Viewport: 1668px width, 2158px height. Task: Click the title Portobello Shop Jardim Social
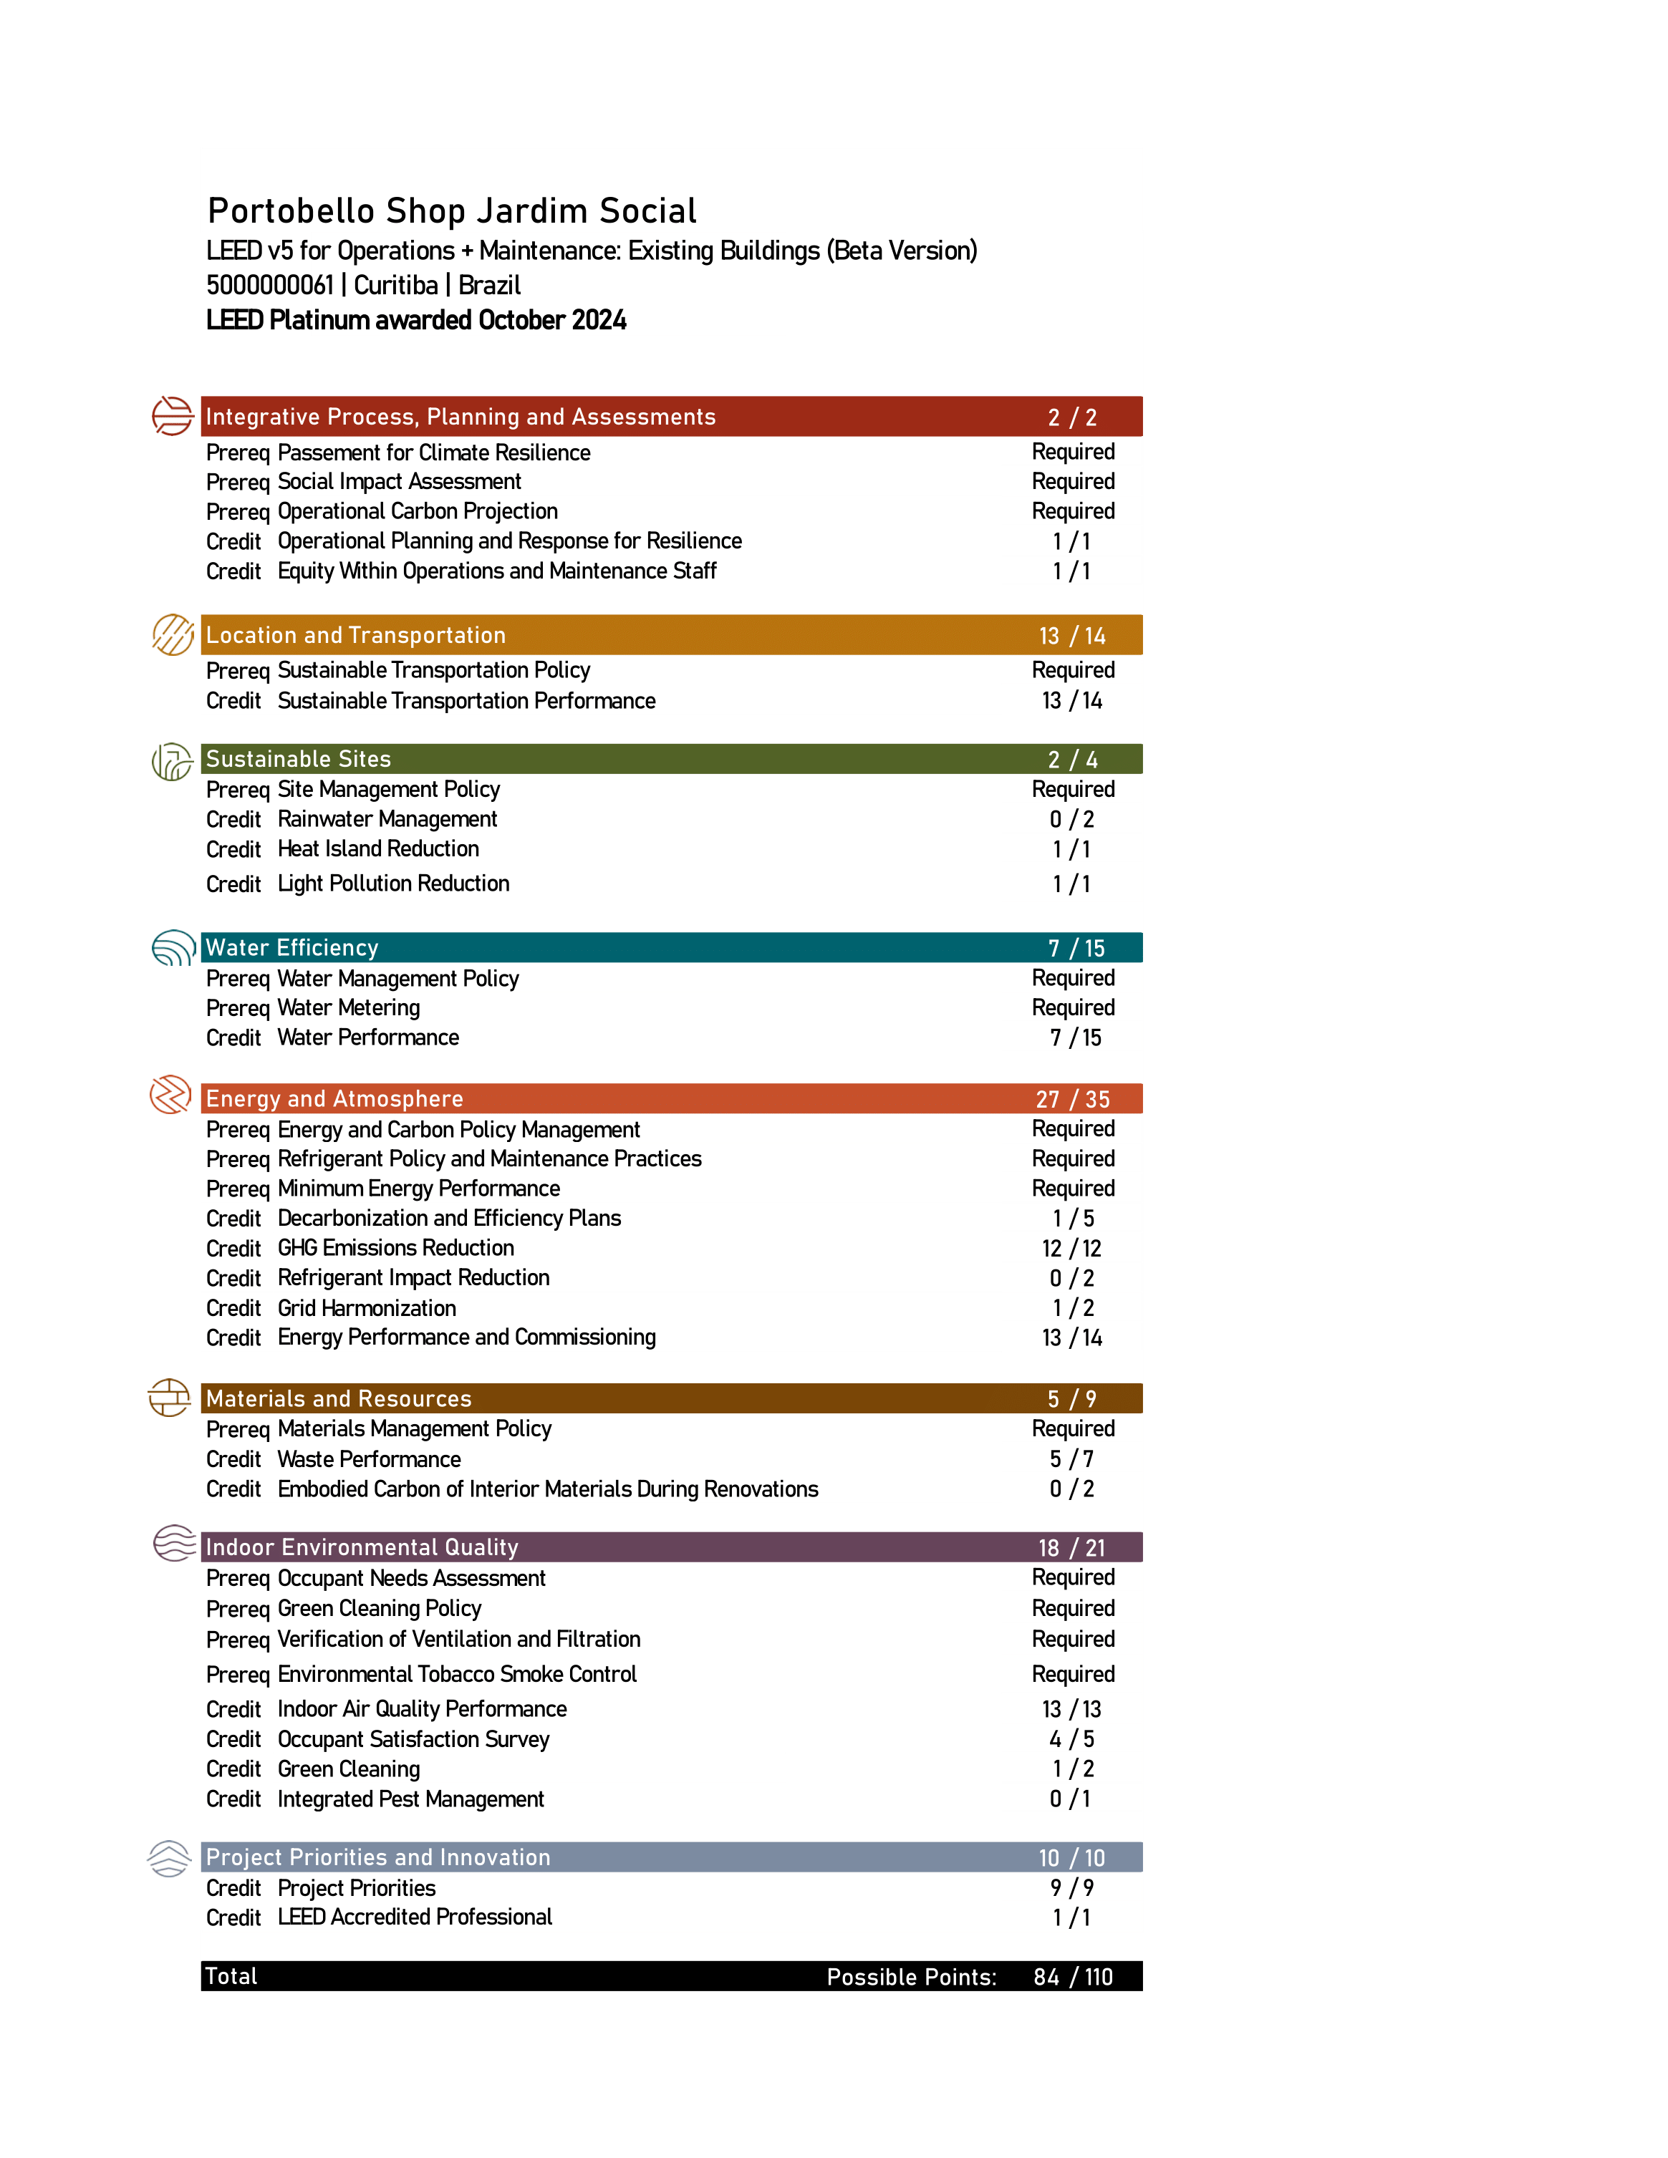point(452,211)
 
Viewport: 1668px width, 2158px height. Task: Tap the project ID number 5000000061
point(270,286)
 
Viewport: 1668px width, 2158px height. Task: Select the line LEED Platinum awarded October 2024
point(416,320)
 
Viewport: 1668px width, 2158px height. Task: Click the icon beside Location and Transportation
point(173,634)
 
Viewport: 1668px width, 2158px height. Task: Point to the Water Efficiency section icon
point(173,947)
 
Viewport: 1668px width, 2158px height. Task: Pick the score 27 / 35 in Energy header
point(1072,1099)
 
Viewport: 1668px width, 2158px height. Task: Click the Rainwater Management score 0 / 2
point(1072,819)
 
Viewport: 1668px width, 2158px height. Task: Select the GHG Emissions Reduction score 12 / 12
point(1072,1248)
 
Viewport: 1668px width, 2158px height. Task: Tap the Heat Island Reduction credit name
point(377,848)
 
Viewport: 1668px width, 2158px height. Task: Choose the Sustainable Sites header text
point(299,759)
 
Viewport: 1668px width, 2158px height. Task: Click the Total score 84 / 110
point(1073,1976)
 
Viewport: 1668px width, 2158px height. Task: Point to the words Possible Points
point(911,1977)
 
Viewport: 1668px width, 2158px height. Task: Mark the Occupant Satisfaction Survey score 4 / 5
point(1072,1739)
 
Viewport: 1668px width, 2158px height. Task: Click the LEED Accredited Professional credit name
point(414,1917)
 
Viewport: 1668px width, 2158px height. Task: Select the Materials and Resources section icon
point(169,1397)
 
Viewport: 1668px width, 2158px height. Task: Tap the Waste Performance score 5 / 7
point(1072,1458)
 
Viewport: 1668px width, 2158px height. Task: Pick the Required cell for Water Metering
point(1073,1008)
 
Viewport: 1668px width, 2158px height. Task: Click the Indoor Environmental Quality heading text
point(362,1547)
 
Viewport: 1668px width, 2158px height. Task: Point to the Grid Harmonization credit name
point(367,1308)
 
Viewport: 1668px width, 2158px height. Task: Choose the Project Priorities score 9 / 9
point(1072,1887)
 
